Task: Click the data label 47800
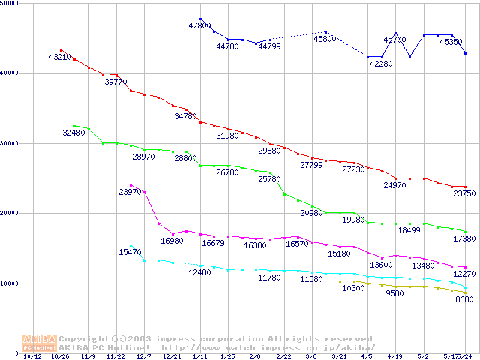tap(200, 25)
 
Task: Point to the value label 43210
tap(61, 57)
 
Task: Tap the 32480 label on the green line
tap(74, 133)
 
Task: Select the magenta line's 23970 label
tap(130, 192)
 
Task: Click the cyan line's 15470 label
tap(130, 252)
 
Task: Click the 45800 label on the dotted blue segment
tap(325, 39)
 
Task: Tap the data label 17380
tap(463, 238)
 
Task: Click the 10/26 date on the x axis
tap(60, 357)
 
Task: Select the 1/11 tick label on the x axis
tap(200, 357)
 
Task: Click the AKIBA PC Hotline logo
tap(40, 342)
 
